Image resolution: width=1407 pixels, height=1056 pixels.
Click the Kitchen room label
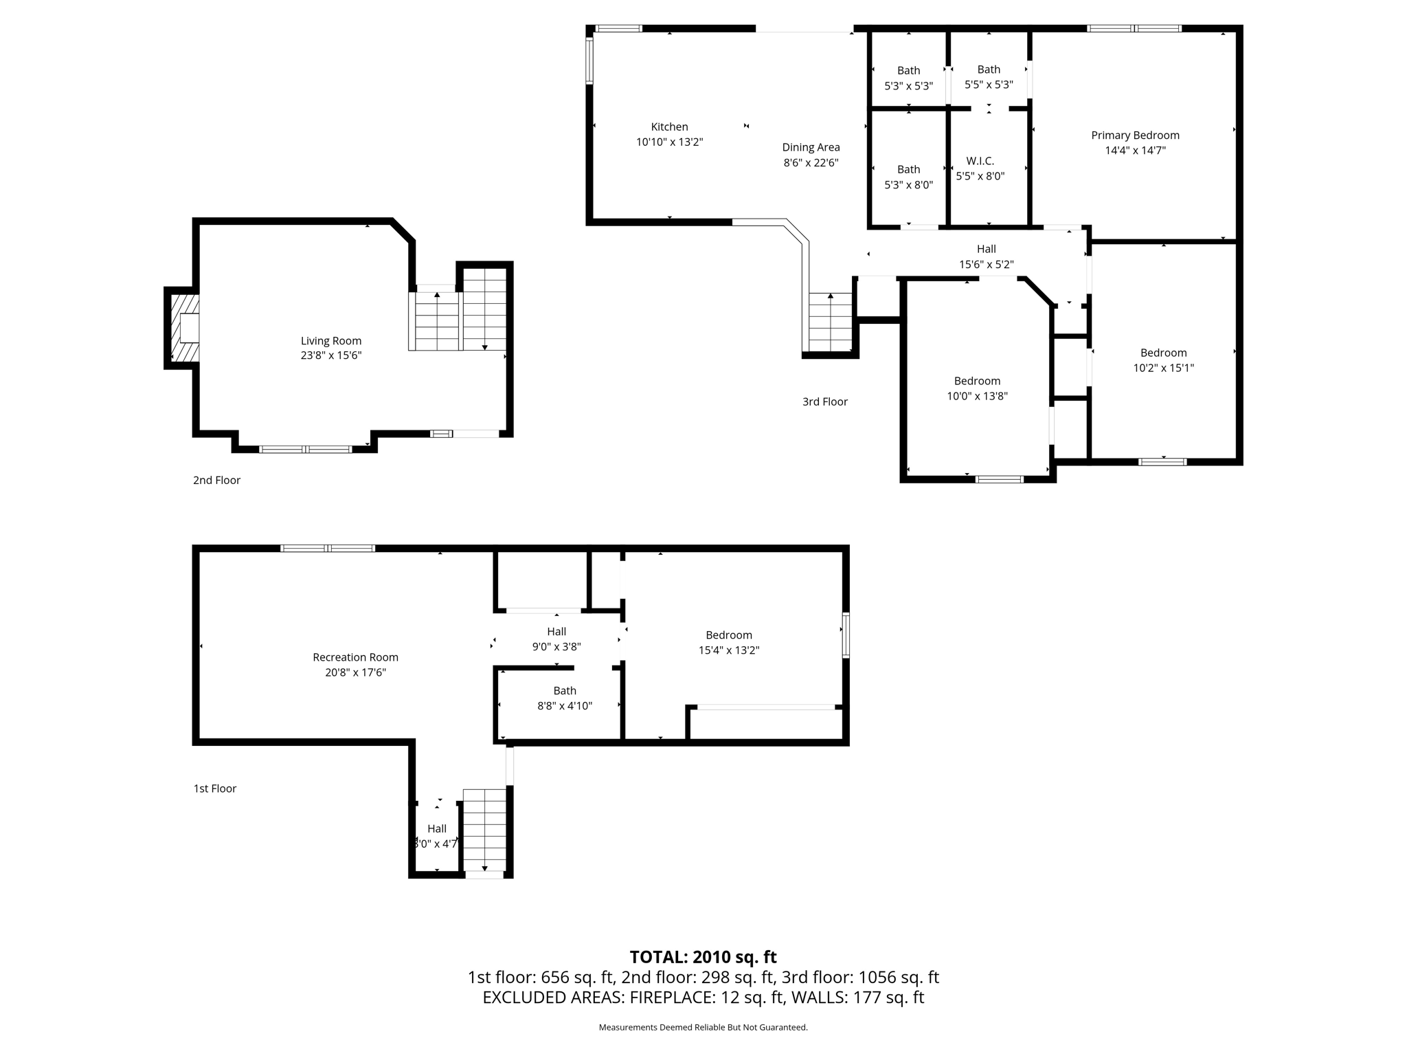coord(669,126)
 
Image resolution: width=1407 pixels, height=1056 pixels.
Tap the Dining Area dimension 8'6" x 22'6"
coord(811,163)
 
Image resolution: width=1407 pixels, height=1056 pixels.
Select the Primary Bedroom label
coord(1135,135)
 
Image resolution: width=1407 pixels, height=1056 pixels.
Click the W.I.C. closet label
coord(980,161)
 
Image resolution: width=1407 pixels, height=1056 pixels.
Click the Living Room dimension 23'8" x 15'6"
coord(331,355)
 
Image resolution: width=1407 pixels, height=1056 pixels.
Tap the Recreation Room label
coord(355,657)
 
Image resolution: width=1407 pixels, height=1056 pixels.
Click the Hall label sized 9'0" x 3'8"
coord(556,631)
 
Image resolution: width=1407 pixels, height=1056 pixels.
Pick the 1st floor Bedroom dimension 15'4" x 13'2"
coord(728,650)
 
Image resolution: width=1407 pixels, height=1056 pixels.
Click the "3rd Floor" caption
coord(824,401)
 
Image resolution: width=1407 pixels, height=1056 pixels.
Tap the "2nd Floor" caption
coord(216,480)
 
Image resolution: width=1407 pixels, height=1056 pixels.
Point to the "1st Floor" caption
coord(214,789)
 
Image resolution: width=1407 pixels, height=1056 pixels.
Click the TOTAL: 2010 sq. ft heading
coord(703,957)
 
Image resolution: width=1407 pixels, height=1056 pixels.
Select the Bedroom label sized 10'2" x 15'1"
coord(1163,353)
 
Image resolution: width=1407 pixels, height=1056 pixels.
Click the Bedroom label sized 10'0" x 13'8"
coord(977,381)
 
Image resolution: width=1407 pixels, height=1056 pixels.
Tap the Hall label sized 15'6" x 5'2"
coord(986,249)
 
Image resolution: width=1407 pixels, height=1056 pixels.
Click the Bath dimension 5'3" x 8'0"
coord(908,185)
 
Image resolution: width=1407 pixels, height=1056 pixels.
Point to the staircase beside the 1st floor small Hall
coord(485,830)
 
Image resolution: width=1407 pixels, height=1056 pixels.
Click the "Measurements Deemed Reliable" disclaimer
coord(703,1027)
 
